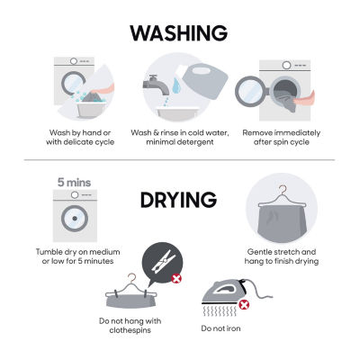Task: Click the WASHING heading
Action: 179,33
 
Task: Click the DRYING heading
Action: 178,201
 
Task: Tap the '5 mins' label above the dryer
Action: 74,183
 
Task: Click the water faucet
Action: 157,85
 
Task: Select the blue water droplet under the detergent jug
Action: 177,85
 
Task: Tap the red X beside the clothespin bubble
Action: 176,278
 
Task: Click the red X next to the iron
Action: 244,305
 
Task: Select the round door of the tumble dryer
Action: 75,219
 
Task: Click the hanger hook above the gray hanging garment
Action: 283,190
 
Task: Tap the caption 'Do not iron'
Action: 220,328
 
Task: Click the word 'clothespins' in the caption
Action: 130,330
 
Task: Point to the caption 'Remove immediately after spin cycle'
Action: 282,137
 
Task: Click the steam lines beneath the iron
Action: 220,310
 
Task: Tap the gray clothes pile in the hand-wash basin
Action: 93,97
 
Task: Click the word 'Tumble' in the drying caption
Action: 49,252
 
